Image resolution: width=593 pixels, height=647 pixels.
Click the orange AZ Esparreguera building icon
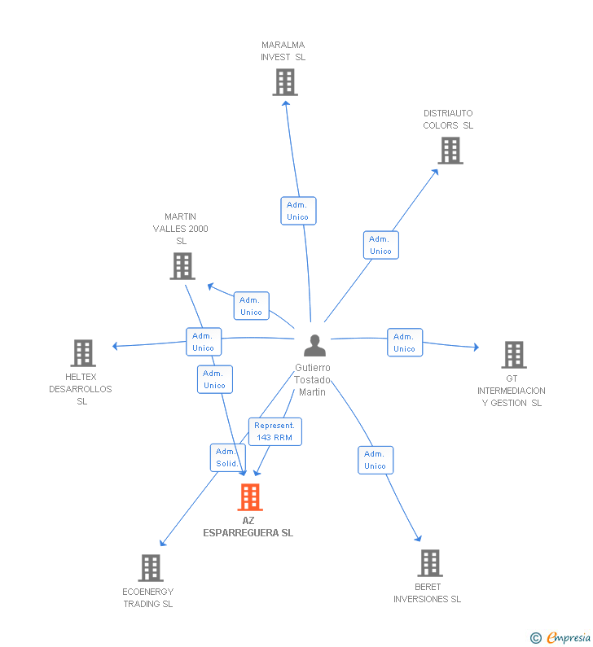[250, 496]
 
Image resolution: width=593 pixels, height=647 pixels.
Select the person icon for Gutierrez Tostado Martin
[314, 345]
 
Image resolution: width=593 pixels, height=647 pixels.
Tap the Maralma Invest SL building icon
[284, 82]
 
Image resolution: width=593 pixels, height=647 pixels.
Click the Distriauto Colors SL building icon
[450, 151]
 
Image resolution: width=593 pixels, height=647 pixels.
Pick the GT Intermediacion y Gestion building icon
[513, 355]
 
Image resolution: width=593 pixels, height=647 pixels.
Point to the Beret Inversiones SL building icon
[429, 563]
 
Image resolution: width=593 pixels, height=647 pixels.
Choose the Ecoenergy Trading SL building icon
[151, 568]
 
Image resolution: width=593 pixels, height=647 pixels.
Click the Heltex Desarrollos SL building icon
[83, 353]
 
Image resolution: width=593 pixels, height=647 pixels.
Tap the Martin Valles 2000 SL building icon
[182, 266]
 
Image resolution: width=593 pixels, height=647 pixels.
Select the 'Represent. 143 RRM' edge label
[275, 431]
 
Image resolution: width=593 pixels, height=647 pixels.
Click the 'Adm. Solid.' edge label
[226, 457]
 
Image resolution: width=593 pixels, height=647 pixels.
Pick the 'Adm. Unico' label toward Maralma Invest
[297, 211]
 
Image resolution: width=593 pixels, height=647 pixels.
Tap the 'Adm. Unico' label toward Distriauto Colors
[380, 245]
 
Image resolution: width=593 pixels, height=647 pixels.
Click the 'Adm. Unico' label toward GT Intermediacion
[404, 343]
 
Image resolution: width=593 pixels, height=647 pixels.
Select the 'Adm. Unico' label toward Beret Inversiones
[375, 460]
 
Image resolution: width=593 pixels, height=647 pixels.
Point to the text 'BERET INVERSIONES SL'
[427, 592]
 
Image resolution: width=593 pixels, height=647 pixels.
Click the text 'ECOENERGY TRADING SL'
[147, 597]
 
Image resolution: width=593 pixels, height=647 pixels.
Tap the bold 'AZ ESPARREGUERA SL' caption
[248, 527]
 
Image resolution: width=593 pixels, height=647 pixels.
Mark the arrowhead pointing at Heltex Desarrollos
[116, 347]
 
